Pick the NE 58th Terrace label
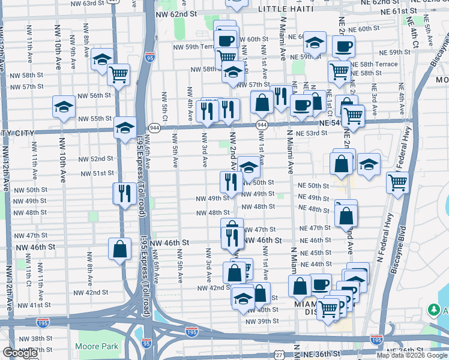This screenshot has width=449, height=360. (x=373, y=64)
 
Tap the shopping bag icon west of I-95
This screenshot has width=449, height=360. (x=119, y=249)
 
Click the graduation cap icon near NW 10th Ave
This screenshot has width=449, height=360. (x=64, y=107)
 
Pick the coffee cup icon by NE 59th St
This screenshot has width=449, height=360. (x=343, y=46)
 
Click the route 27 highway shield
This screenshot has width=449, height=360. (x=279, y=355)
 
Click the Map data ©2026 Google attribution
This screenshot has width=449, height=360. (x=412, y=356)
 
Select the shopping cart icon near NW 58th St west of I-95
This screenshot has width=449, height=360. (x=118, y=74)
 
